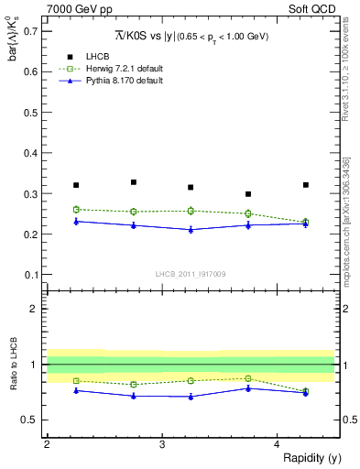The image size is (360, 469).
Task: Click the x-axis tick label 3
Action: click(x=162, y=444)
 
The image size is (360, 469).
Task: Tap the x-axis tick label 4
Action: click(x=277, y=444)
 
